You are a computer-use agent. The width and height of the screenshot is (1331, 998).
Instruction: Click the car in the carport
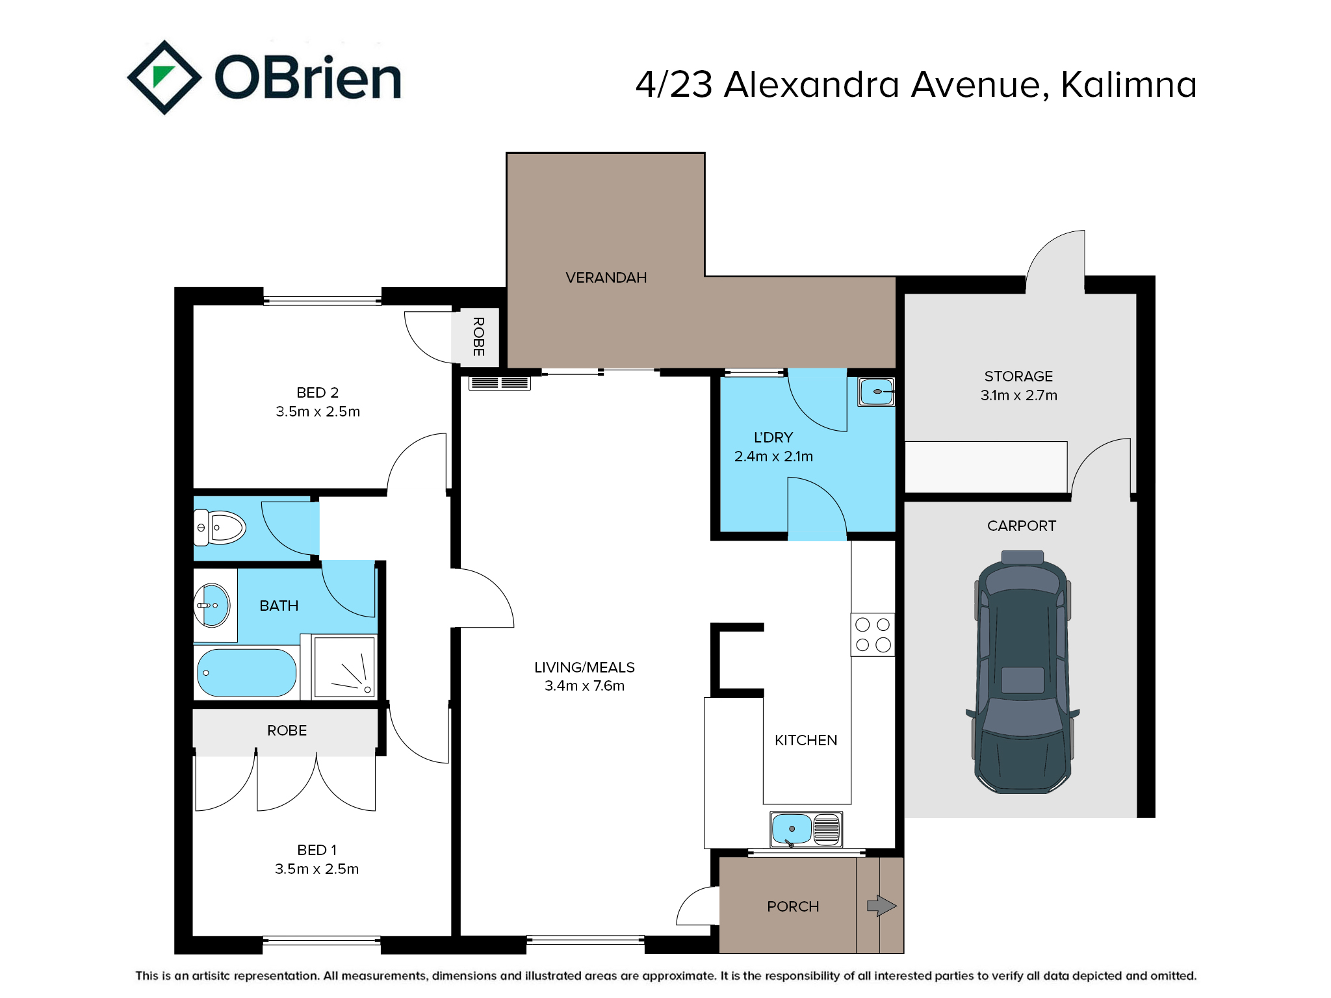click(x=1022, y=672)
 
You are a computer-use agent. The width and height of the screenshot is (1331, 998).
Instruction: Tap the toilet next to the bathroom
click(x=220, y=527)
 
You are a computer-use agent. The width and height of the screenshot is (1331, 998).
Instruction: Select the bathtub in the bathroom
click(x=246, y=672)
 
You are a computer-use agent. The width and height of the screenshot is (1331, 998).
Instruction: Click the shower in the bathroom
click(x=344, y=667)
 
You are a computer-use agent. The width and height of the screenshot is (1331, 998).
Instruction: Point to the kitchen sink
click(x=806, y=829)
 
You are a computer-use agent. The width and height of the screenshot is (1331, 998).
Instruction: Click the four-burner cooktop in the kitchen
click(x=873, y=634)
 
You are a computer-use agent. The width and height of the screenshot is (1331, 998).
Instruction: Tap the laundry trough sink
click(x=876, y=392)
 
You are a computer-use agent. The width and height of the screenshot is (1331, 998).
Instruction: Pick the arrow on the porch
click(x=882, y=906)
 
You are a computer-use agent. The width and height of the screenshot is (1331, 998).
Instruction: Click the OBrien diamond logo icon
click(x=164, y=77)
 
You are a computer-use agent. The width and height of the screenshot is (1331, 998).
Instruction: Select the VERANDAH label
click(x=606, y=277)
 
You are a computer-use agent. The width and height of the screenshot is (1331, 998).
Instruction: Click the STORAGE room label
click(x=1018, y=376)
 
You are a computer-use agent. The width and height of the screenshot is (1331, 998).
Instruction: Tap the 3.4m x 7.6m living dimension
click(x=584, y=685)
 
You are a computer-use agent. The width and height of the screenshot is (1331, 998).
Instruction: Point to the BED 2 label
click(x=317, y=392)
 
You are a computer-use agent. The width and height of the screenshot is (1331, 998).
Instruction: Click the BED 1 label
click(x=317, y=850)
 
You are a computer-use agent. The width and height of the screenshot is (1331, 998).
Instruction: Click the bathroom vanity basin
click(x=212, y=605)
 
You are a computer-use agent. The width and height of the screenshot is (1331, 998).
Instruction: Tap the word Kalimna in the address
click(x=1129, y=84)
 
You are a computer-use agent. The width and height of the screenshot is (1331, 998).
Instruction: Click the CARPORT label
click(x=1022, y=526)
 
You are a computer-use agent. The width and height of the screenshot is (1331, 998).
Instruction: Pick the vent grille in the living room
click(x=500, y=383)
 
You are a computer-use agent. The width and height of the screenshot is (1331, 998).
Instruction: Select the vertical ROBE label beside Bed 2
click(x=478, y=337)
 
